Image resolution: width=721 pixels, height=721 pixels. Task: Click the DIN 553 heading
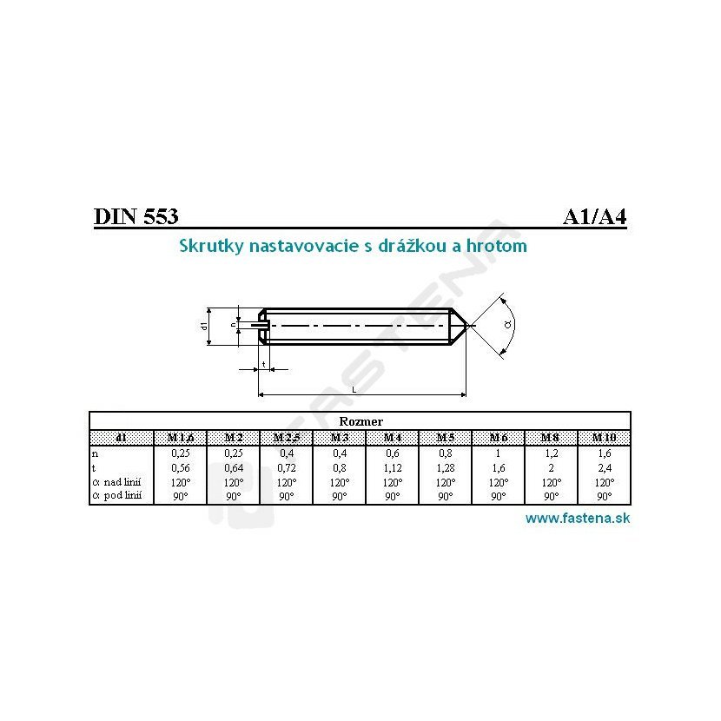point(136,215)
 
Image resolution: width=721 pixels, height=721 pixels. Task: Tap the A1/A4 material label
point(594,216)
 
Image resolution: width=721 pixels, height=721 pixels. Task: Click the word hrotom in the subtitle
point(496,246)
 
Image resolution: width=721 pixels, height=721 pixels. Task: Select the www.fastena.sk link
point(578,519)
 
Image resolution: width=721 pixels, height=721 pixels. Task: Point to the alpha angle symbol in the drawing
point(507,325)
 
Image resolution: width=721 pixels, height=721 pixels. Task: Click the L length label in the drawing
point(354,390)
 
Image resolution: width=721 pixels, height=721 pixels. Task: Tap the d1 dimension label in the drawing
point(204,327)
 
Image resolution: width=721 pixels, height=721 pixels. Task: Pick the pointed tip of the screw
point(466,326)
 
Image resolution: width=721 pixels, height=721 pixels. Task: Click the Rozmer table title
point(360,421)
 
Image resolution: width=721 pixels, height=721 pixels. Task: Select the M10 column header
point(604,437)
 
